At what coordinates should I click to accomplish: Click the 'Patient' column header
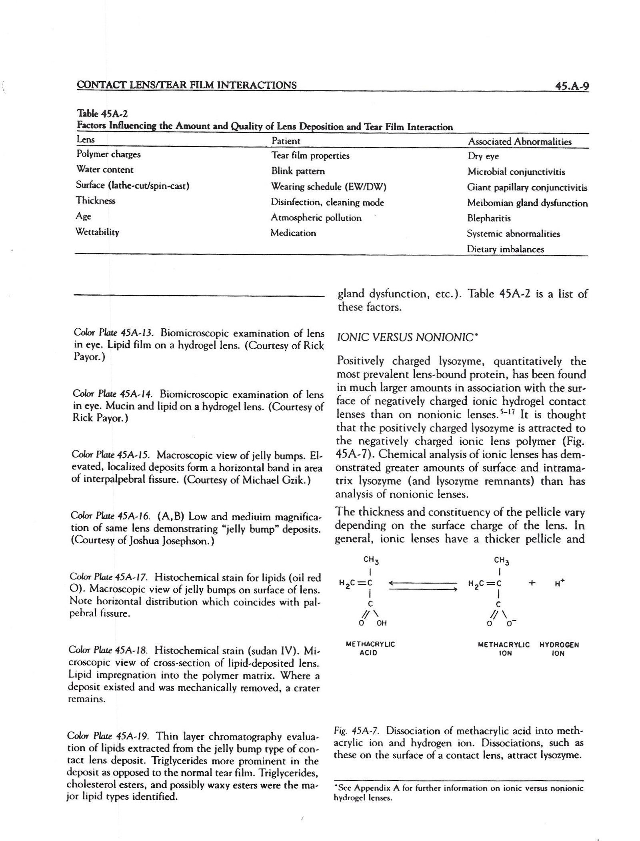(286, 141)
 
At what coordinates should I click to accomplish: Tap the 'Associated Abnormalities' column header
(519, 141)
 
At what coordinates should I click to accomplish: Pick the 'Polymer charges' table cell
(108, 154)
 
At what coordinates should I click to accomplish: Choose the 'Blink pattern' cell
(298, 171)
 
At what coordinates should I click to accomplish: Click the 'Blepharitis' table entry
(489, 218)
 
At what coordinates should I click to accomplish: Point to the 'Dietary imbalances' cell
(505, 249)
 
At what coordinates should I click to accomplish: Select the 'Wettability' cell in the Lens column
(97, 232)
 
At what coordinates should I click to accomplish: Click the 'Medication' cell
(293, 233)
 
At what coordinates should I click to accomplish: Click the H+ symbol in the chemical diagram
(559, 583)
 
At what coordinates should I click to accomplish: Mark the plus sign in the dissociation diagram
(532, 583)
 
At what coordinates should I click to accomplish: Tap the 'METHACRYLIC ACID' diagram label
(370, 649)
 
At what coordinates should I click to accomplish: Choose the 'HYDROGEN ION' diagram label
(559, 649)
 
